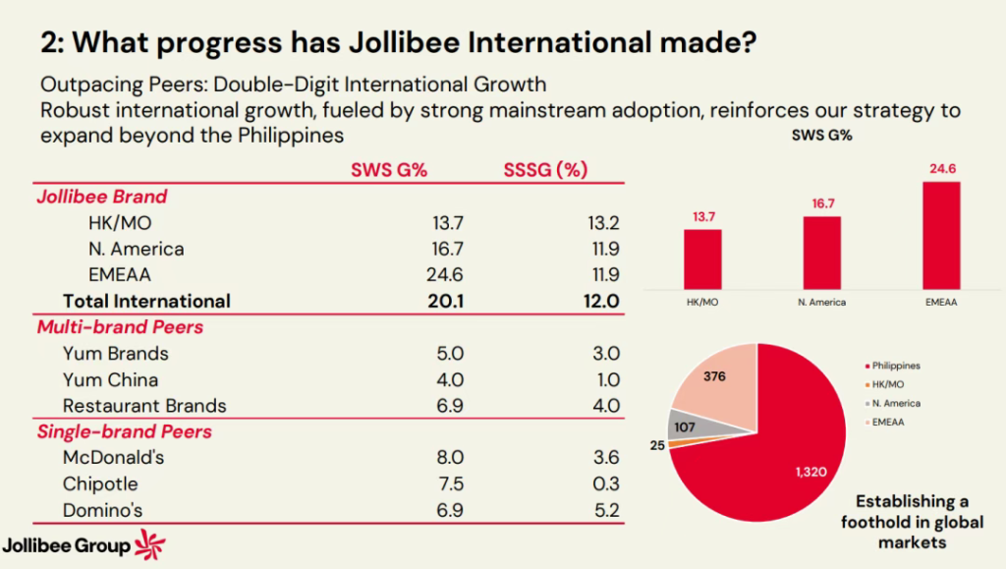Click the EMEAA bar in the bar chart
(940, 235)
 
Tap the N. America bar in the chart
(821, 253)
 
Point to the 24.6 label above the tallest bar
(940, 169)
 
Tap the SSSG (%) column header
(544, 170)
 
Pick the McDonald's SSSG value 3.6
(604, 458)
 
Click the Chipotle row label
(100, 484)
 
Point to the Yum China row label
(110, 379)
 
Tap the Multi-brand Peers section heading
(120, 326)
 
